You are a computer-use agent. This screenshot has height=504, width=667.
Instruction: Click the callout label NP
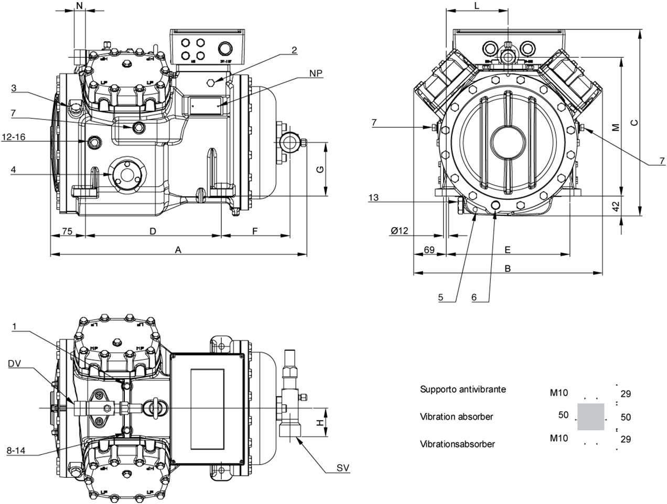(315, 73)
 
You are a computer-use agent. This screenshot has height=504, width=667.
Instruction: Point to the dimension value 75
(67, 231)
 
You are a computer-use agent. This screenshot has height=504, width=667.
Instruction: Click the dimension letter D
(153, 231)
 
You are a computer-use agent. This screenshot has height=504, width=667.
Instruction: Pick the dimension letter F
(255, 231)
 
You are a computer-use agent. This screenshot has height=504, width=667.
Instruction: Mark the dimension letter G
(320, 169)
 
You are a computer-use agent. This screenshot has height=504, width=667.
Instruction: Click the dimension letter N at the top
(80, 6)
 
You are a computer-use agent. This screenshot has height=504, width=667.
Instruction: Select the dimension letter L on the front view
(477, 6)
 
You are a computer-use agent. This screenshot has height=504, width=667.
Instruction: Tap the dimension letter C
(634, 123)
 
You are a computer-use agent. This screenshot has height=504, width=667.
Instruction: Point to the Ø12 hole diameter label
(399, 231)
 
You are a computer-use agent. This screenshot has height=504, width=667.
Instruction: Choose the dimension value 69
(429, 250)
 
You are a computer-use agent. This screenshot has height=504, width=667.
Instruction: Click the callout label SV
(343, 468)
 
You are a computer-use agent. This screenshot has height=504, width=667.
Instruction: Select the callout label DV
(14, 363)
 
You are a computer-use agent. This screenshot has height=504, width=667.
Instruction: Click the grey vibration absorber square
(590, 417)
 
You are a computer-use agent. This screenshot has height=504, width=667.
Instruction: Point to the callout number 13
(373, 198)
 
